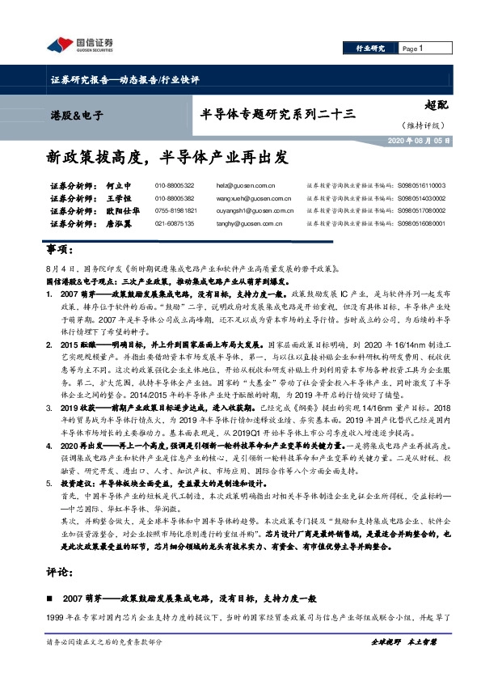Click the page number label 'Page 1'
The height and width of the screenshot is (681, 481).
pyautogui.click(x=413, y=49)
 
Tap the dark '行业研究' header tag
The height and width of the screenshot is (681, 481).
pyautogui.click(x=371, y=49)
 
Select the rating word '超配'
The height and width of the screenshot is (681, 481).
pyautogui.click(x=435, y=105)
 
